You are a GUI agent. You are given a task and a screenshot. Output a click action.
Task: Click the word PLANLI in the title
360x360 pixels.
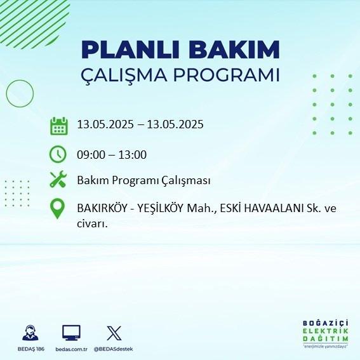click(x=130, y=50)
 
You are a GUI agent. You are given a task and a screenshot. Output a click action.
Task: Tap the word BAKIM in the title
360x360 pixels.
click(x=234, y=50)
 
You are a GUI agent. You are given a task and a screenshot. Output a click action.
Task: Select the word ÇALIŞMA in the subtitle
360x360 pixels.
click(x=124, y=76)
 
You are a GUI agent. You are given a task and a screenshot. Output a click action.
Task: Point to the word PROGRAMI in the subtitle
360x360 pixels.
click(x=227, y=75)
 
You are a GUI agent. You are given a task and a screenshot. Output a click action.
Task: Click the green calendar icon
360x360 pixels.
click(x=59, y=126)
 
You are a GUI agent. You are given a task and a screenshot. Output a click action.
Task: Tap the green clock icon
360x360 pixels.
click(x=58, y=154)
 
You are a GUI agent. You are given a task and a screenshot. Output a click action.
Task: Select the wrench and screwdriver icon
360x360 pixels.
click(x=58, y=179)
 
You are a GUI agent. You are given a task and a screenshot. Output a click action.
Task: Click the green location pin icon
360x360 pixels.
click(x=57, y=208)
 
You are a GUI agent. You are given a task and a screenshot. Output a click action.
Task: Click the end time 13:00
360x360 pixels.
click(x=133, y=155)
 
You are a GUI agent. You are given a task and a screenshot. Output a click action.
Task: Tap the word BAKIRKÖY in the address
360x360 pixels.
click(x=102, y=208)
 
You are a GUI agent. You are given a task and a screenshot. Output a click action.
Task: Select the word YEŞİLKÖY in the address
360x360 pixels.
click(x=161, y=208)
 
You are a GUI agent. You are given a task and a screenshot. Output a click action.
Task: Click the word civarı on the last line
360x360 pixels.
click(x=92, y=224)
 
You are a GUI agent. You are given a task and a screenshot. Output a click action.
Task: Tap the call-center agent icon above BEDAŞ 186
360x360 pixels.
click(x=30, y=333)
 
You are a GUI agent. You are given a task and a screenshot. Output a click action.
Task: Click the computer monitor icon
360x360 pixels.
click(x=71, y=333)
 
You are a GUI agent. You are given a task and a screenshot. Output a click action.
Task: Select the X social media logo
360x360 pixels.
click(x=114, y=333)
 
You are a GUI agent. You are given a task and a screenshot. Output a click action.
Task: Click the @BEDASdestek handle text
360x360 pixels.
click(x=114, y=349)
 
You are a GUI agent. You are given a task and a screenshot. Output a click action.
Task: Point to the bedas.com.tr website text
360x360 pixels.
click(x=71, y=349)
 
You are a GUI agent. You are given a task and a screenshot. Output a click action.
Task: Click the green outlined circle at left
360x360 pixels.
click(x=6, y=94)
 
